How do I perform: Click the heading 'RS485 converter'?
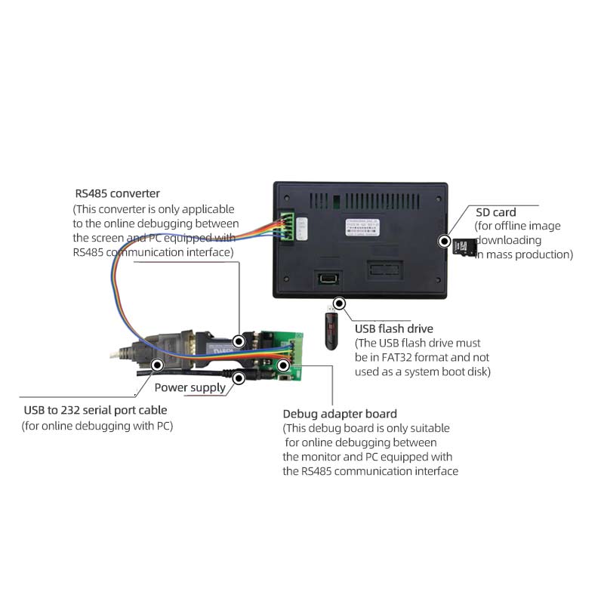point(117,193)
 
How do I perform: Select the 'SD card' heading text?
point(496,212)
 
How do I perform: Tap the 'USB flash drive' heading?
point(393,328)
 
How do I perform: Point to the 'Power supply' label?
point(190,387)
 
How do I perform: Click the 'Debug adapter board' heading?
point(340,414)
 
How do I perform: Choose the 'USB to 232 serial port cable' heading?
point(96,410)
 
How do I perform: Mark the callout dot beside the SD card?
point(445,242)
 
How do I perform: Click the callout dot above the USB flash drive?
point(340,304)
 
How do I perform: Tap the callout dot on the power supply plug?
point(239,376)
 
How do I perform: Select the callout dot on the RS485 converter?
point(239,341)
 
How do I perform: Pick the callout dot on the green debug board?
point(283,365)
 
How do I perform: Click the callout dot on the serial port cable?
point(157,365)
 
